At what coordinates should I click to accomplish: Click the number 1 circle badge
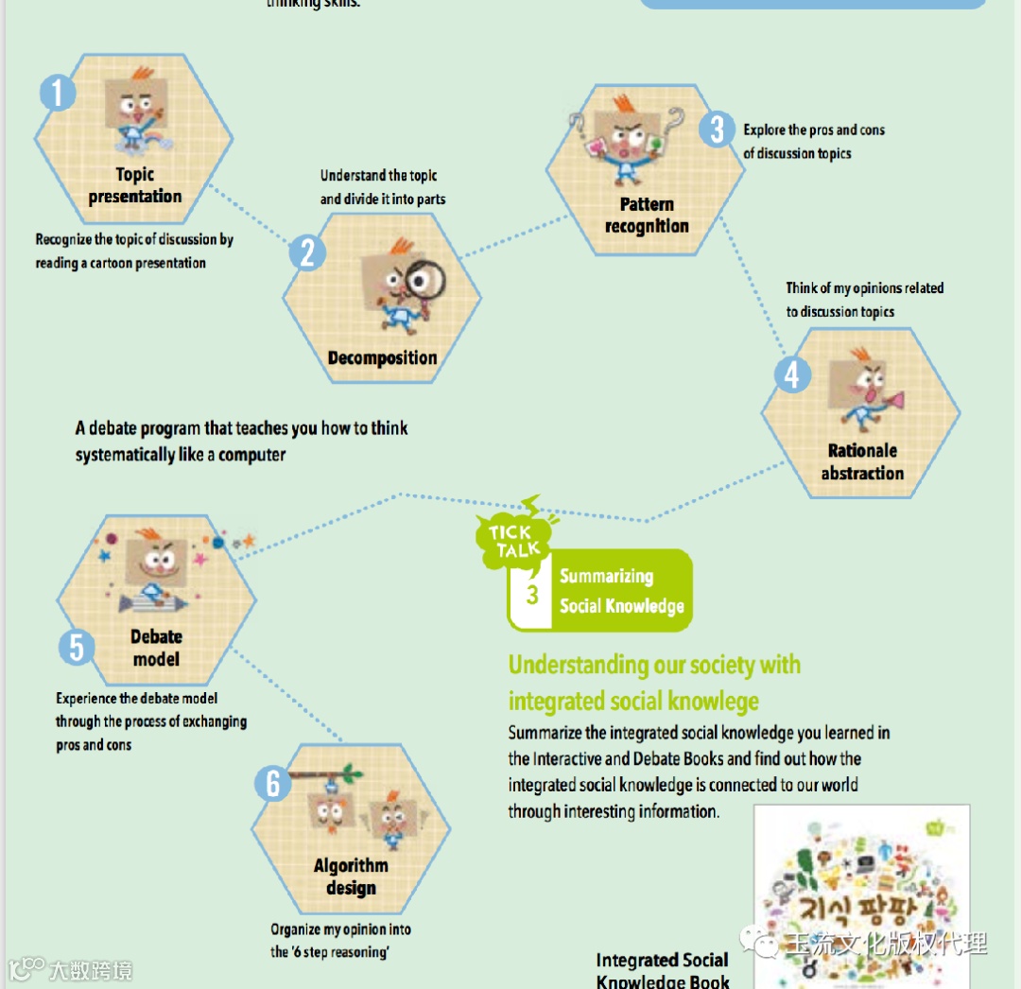coord(58,93)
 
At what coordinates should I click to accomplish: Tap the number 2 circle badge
coord(307,252)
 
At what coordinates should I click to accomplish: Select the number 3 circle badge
coord(718,129)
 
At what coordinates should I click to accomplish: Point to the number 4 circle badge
coord(792,374)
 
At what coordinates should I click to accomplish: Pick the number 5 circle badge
coord(77,648)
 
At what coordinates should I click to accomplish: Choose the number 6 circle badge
coord(273,783)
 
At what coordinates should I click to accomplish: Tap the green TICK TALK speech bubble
coord(515,542)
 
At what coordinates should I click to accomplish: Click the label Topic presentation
coord(134,185)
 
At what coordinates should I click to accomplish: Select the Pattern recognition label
coord(647,216)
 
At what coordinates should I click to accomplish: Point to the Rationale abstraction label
coord(862,462)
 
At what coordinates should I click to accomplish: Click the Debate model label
coord(156,648)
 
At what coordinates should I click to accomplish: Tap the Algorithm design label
coord(351,876)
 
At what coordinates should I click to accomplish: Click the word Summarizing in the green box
coord(606,576)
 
